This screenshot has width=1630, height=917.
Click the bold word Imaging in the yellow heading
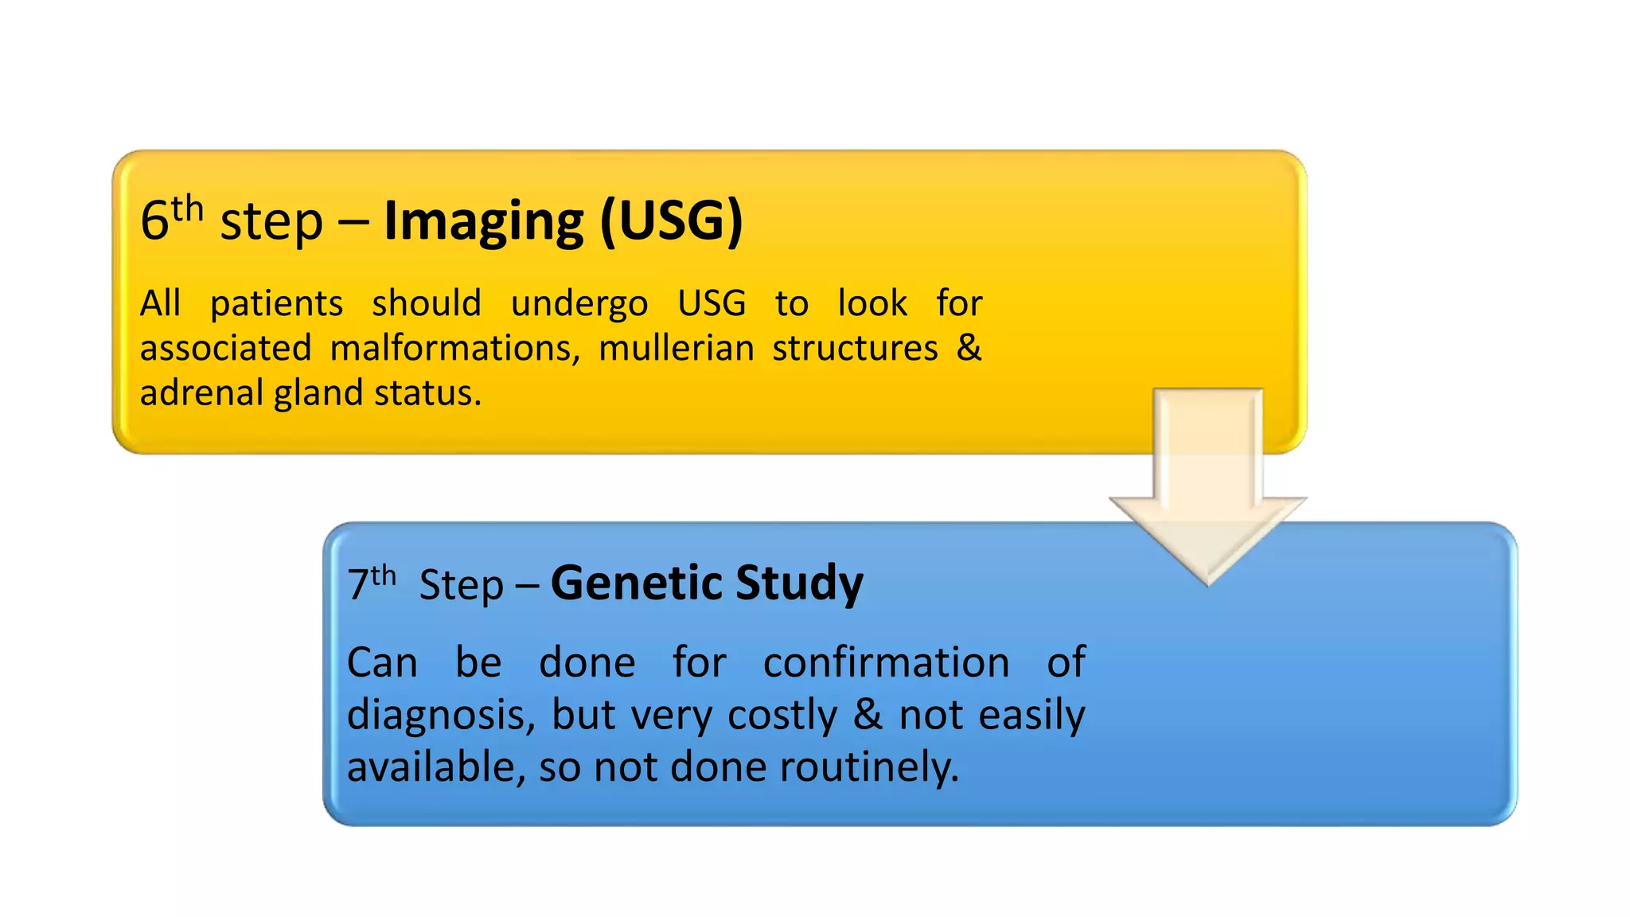[x=483, y=221]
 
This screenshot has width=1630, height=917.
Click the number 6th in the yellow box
[x=170, y=219]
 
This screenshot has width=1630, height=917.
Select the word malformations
[x=454, y=349]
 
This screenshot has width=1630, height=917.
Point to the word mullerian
[x=676, y=349]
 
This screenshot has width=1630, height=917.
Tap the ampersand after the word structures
[x=968, y=348]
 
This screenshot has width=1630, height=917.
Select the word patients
[x=276, y=304]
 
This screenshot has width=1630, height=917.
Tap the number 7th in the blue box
[x=370, y=583]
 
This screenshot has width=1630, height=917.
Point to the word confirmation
[x=886, y=662]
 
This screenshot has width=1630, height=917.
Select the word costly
[x=782, y=715]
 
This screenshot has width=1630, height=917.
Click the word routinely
[x=868, y=767]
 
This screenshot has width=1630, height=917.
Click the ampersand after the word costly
[x=868, y=714]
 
